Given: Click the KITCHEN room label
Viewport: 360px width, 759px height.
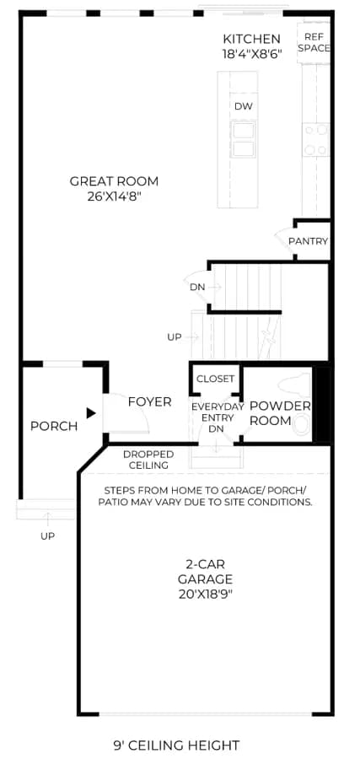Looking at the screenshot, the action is (251, 39).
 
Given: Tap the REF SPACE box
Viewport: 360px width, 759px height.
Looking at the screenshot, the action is (314, 43).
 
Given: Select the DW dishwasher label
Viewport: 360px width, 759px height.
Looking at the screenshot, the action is (244, 106).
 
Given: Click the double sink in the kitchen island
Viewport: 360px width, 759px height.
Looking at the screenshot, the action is (244, 139).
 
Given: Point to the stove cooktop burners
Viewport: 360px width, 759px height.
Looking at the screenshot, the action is (316, 139).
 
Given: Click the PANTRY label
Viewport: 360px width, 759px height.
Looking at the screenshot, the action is (309, 241).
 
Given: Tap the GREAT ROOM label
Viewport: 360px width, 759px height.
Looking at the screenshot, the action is (114, 181).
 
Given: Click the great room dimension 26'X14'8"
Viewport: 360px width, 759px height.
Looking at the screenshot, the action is (114, 196).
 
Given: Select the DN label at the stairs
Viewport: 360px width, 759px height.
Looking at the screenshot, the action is (197, 287).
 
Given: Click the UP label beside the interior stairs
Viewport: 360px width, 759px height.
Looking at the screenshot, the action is (175, 336).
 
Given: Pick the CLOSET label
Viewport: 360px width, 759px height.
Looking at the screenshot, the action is (215, 379).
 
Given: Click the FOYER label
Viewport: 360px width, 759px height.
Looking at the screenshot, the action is (149, 401).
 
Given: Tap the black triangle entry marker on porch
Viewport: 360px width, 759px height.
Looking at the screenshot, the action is (91, 413).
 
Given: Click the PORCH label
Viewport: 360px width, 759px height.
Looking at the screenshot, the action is (54, 427).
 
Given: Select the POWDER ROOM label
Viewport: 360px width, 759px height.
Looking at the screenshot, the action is (280, 413).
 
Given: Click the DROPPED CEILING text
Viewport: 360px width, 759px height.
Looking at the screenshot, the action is (148, 460).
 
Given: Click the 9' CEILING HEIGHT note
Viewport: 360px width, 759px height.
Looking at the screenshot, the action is (176, 745).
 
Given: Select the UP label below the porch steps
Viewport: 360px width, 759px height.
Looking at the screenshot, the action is (47, 536).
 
